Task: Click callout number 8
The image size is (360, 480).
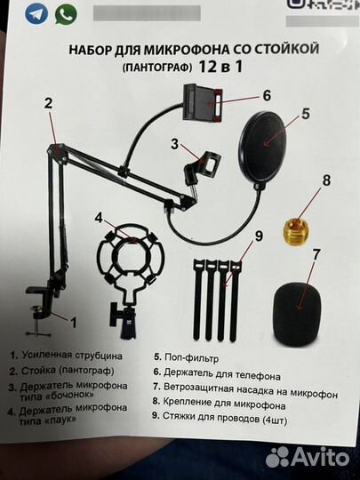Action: coord(326,180)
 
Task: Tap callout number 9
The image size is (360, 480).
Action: coord(260,236)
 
